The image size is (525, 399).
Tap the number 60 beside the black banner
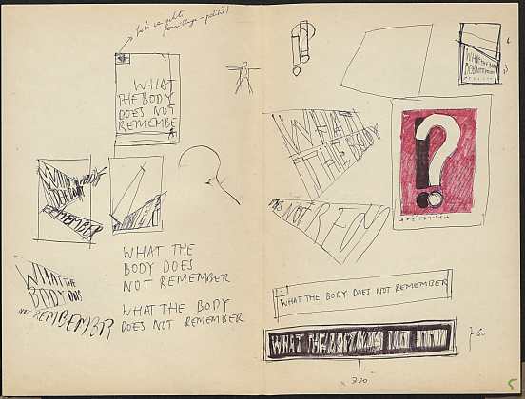(480, 333)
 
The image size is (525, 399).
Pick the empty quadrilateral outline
(388, 60)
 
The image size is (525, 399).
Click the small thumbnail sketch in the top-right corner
(479, 53)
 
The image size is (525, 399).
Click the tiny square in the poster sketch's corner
(121, 60)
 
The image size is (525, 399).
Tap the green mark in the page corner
(512, 384)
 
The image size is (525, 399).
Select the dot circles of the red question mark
(430, 198)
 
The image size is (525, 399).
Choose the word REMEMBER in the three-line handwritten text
(196, 279)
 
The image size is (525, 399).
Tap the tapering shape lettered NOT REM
(333, 227)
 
